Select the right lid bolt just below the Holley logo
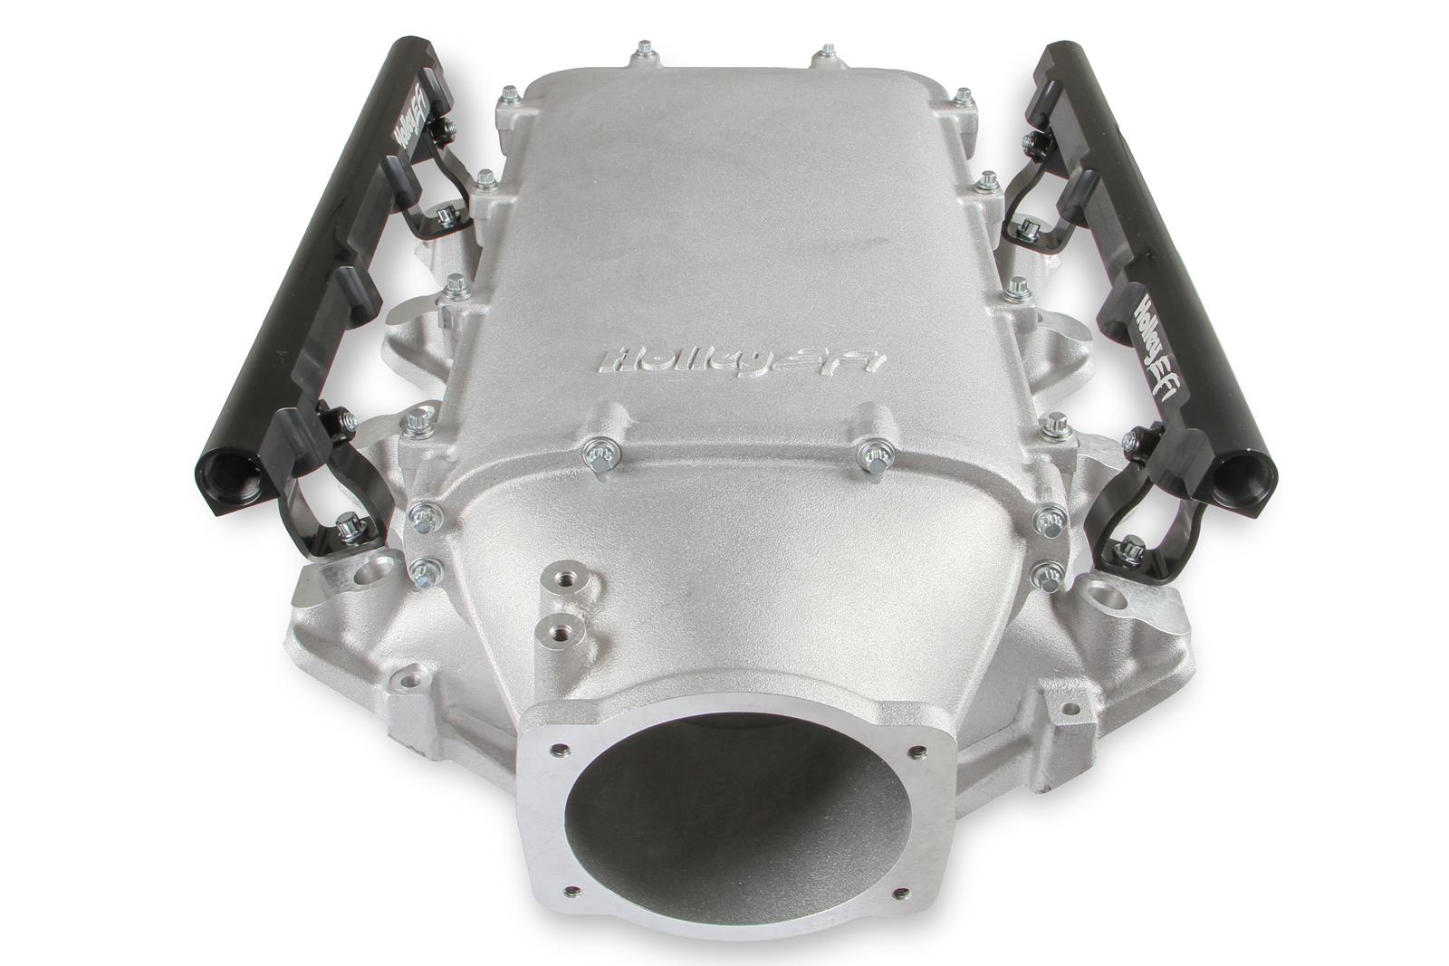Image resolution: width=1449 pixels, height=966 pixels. click(872, 452)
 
